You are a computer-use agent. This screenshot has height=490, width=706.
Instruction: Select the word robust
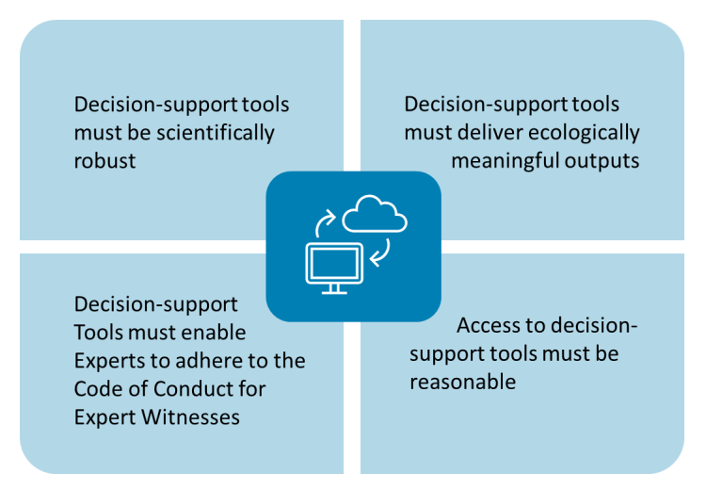(104, 160)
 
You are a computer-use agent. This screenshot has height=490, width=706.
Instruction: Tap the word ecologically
(585, 132)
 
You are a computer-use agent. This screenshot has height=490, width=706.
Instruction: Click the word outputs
(604, 160)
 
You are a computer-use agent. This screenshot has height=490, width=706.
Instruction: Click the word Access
(489, 326)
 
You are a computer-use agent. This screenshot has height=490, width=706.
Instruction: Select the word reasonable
(462, 382)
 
